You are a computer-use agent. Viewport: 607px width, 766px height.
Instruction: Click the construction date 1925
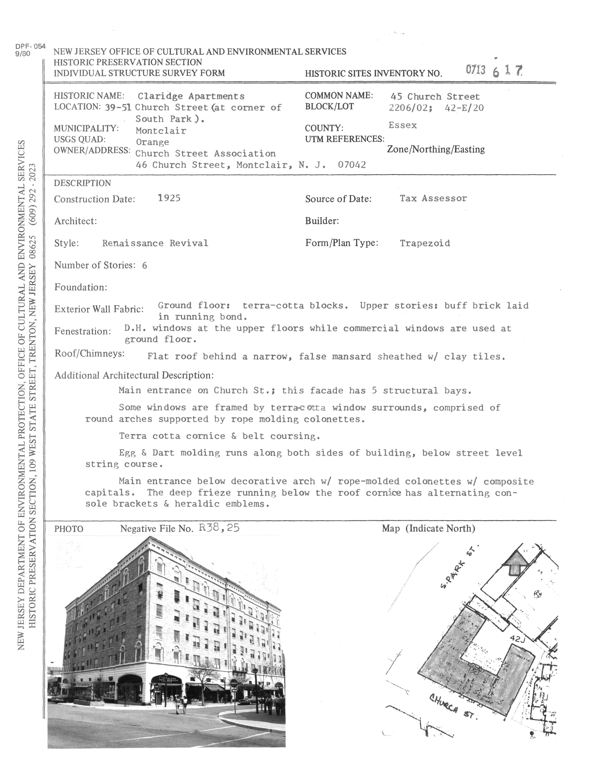169,198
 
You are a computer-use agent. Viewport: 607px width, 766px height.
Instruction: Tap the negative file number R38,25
219,528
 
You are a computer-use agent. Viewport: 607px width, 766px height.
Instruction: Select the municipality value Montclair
161,131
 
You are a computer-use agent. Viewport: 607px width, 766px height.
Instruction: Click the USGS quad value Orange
152,142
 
